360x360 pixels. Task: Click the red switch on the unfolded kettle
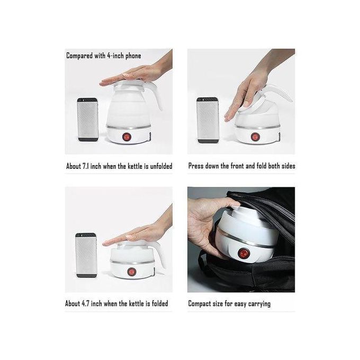[x=126, y=137]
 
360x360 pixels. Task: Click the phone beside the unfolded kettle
[x=88, y=120]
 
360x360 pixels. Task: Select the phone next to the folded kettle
[x=86, y=255]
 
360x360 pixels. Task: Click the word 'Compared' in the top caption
[x=79, y=56]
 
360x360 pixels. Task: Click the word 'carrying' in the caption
[x=259, y=304]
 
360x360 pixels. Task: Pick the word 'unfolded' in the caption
[x=161, y=166]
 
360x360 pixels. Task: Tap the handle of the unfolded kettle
[x=154, y=95]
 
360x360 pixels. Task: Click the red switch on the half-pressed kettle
[x=255, y=137]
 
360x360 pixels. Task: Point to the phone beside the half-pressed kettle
[x=208, y=120]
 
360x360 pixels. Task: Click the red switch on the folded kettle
[x=131, y=272]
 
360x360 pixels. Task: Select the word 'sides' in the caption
[x=288, y=166]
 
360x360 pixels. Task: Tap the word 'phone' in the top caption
[x=133, y=56]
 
